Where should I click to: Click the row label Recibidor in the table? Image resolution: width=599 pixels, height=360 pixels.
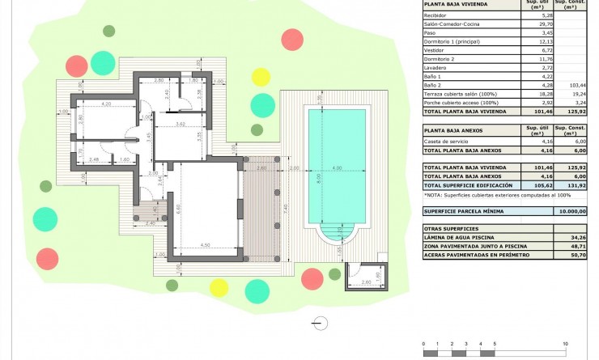(x=438, y=15)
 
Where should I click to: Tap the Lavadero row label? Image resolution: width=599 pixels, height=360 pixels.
(x=437, y=68)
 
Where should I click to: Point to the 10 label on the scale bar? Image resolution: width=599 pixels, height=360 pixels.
(x=565, y=344)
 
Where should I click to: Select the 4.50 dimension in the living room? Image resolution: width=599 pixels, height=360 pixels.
(x=205, y=244)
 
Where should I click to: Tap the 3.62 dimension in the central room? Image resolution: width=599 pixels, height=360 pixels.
(x=180, y=124)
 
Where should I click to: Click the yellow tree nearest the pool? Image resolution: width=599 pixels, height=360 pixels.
(x=261, y=77)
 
